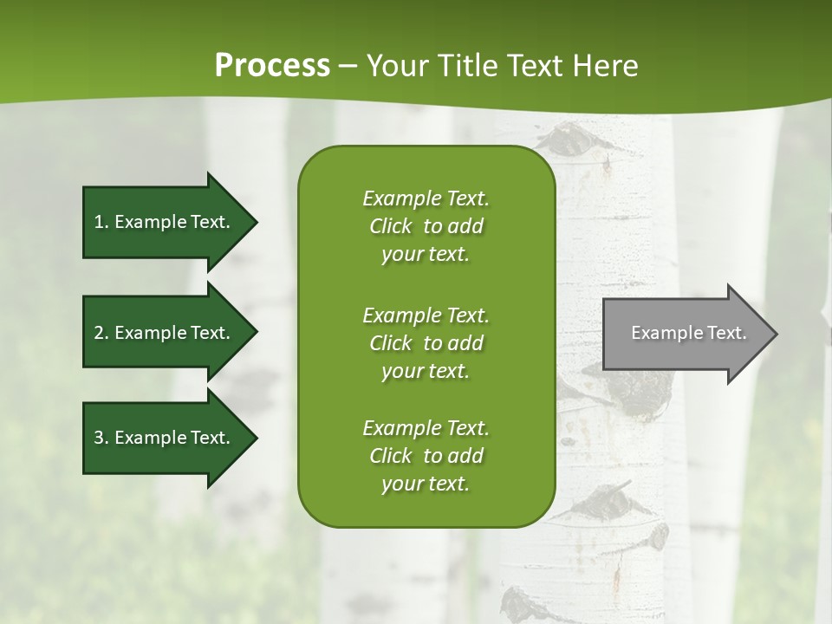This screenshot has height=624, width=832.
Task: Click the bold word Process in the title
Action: coord(272,66)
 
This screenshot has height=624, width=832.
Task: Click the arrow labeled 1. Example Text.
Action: coord(165,222)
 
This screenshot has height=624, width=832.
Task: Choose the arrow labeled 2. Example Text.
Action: coord(165,333)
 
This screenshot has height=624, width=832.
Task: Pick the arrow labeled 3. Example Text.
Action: coord(165,438)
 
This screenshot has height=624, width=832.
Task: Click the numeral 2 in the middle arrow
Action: coord(99,333)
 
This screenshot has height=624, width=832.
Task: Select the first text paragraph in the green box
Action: coord(426,226)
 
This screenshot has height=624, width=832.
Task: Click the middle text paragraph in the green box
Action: coord(426,343)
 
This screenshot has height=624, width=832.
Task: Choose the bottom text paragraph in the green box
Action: coord(426,456)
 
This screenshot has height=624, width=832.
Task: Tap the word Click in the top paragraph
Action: coord(390,226)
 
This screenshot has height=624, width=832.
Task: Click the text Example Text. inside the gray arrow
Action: coord(688,333)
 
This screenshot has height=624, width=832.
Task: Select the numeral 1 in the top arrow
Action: coord(99,222)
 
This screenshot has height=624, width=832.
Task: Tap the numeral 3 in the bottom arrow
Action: coord(99,438)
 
